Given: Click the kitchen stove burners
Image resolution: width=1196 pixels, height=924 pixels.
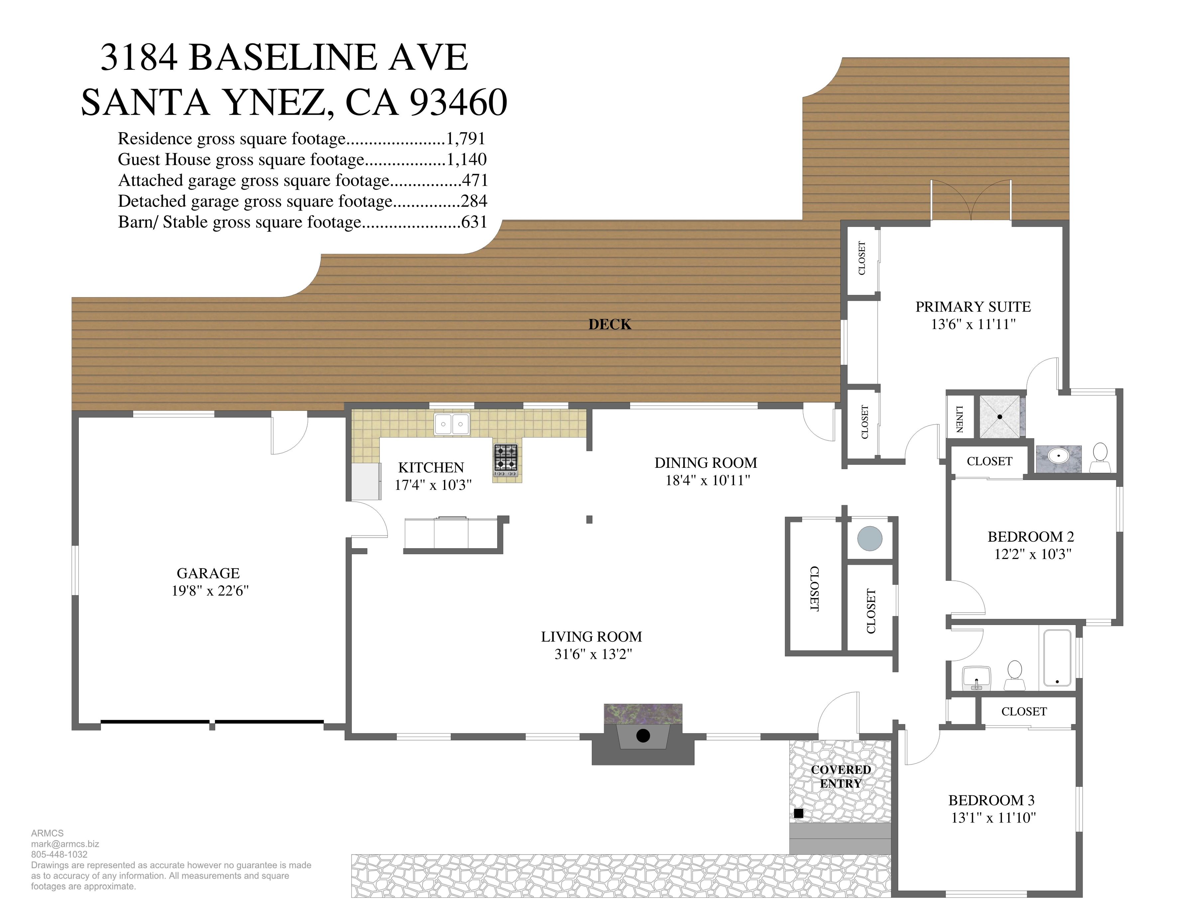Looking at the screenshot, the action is point(506,458).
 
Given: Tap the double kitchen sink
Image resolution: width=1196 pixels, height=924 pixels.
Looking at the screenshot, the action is point(452,424).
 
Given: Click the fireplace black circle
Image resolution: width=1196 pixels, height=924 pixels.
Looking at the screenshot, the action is point(643,736).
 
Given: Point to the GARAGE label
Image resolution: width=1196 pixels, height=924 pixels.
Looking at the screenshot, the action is point(208,573).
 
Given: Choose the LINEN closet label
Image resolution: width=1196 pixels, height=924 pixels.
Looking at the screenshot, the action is point(959,419).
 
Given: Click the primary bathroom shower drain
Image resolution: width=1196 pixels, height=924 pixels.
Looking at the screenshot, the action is point(1000,417).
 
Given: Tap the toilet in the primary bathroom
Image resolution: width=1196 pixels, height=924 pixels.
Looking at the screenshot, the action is point(1100,458).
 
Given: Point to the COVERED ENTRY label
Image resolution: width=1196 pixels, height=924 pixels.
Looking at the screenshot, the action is point(841,776).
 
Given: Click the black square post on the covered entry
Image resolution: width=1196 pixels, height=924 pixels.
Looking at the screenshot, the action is point(799,813).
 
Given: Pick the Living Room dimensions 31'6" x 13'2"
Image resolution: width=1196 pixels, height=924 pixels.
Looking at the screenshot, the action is point(593,654).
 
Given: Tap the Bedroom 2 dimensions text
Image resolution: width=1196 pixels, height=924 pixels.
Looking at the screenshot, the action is point(1033,554).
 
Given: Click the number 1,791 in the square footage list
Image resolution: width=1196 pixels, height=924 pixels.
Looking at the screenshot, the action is point(466,139).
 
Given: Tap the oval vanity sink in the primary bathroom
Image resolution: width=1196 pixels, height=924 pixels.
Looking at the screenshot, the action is point(1058,454).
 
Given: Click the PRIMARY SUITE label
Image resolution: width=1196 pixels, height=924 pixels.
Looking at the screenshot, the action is point(973,307).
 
